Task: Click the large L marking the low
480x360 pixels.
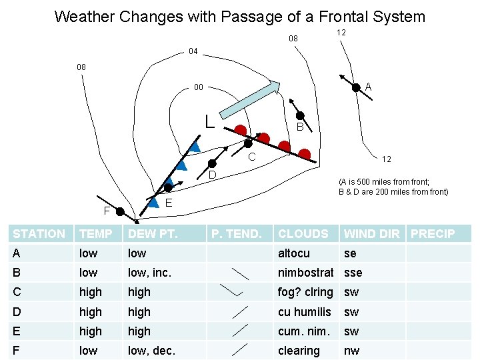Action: coord(209,121)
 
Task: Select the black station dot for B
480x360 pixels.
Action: coord(301,115)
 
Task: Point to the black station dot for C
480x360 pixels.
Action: coord(248,143)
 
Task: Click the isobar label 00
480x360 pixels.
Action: coord(198,87)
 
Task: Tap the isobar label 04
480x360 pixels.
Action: coord(193,51)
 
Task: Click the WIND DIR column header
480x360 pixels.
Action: coord(371,233)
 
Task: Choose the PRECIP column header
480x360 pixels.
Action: coord(433,233)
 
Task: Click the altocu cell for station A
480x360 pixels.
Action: coord(294,253)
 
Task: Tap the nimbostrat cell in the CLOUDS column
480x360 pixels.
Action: coord(305,272)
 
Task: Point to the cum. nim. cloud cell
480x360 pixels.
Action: coord(303,331)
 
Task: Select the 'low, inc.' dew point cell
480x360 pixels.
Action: coord(150,272)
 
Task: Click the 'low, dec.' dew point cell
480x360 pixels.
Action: coord(151,350)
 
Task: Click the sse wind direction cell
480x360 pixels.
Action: coord(353,272)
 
